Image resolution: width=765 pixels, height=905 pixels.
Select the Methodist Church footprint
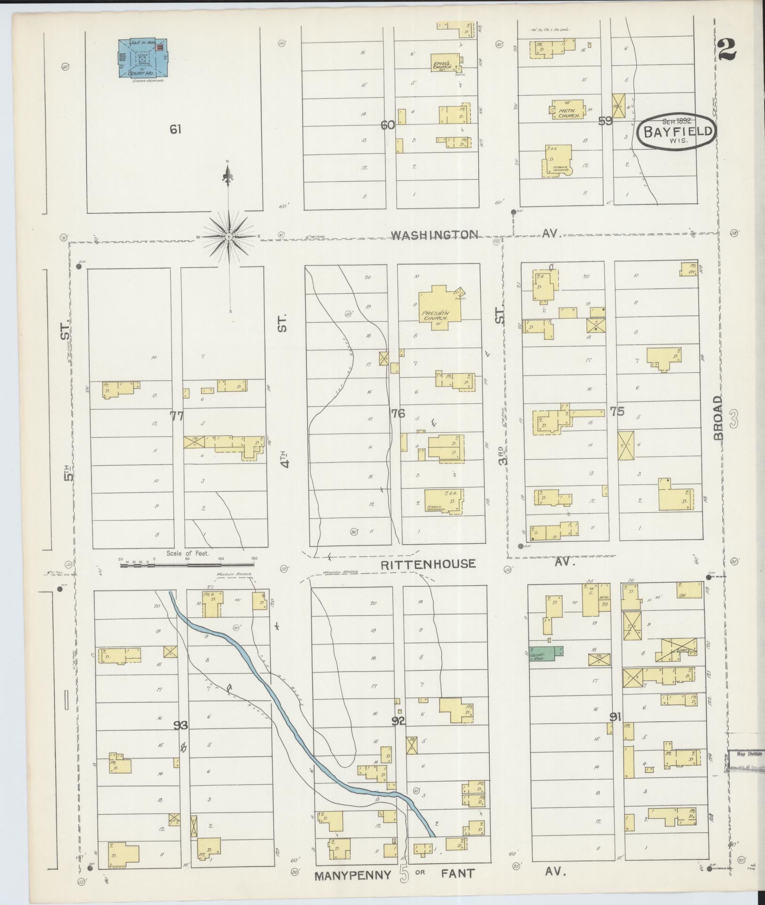point(569,109)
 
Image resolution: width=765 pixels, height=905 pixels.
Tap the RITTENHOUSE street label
point(428,564)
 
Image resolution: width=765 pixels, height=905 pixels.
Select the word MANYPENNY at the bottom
point(353,874)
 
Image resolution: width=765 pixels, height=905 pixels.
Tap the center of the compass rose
point(228,236)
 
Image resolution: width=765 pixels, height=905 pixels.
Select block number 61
point(175,129)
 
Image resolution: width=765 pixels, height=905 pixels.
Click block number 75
point(617,411)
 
